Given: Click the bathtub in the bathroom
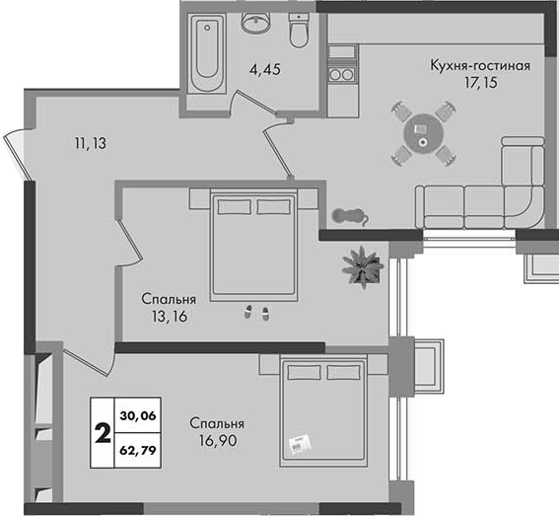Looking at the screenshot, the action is pyautogui.click(x=207, y=53).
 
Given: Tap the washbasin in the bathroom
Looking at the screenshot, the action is pyautogui.click(x=256, y=23).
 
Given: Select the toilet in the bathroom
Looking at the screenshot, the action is pyautogui.click(x=299, y=31).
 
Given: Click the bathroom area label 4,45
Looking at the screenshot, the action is pyautogui.click(x=265, y=69).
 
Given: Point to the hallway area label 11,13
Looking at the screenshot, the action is pyautogui.click(x=91, y=144).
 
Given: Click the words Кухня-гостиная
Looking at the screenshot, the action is pyautogui.click(x=480, y=66).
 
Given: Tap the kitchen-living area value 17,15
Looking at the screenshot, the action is pyautogui.click(x=481, y=83).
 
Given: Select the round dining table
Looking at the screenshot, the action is pyautogui.click(x=424, y=133).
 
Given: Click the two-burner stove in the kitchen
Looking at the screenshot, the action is pyautogui.click(x=342, y=74).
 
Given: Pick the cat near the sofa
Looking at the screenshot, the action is pyautogui.click(x=349, y=216).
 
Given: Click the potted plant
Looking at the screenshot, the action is pyautogui.click(x=362, y=267).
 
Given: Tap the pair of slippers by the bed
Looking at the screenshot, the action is pyautogui.click(x=256, y=313).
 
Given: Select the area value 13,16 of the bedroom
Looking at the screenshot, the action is pyautogui.click(x=169, y=317).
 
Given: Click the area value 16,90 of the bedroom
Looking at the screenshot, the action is pyautogui.click(x=218, y=441).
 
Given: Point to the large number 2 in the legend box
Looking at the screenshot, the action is pyautogui.click(x=103, y=432).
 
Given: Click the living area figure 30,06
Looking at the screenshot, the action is pyautogui.click(x=138, y=415).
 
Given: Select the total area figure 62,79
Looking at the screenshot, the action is pyautogui.click(x=138, y=450).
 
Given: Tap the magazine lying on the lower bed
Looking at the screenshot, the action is pyautogui.click(x=301, y=445).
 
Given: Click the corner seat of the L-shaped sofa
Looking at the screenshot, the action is pyautogui.click(x=524, y=207).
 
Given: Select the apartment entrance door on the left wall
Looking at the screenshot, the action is pyautogui.click(x=16, y=156).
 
